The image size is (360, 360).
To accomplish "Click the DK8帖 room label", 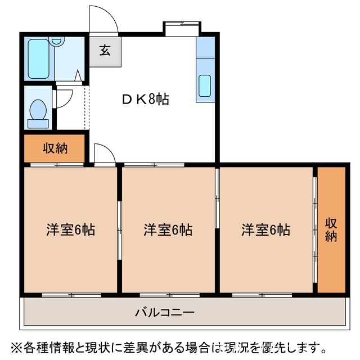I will pos(145,99).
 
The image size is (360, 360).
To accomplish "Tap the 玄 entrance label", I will pos(105,51).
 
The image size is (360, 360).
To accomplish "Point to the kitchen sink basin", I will pos(205,86).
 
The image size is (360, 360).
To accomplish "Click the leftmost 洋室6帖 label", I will pos(70,229).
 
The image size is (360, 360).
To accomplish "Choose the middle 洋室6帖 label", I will pos(168,229).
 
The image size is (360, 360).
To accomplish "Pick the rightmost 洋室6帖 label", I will pos(266,229).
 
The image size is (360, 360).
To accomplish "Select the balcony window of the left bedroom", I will pos(71,294).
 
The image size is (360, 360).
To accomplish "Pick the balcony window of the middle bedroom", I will pos(168,294).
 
